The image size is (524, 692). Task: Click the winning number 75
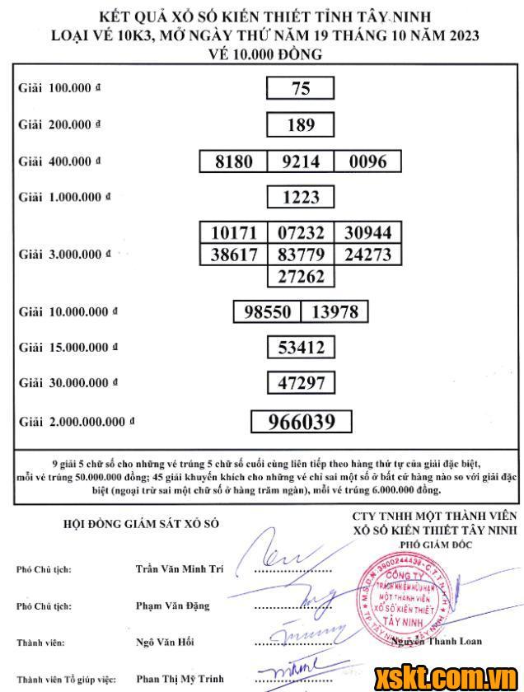301,88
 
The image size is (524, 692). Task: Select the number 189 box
301,124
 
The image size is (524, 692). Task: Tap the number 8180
233,161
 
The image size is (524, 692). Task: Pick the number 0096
367,161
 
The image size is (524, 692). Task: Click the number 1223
301,198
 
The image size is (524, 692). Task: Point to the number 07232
301,232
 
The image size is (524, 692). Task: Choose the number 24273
367,254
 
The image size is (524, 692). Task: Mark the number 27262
301,276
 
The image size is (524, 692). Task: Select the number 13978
334,312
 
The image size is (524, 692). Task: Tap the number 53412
301,348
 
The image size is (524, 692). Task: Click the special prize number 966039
302,422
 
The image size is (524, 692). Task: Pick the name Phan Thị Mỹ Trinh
179,679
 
